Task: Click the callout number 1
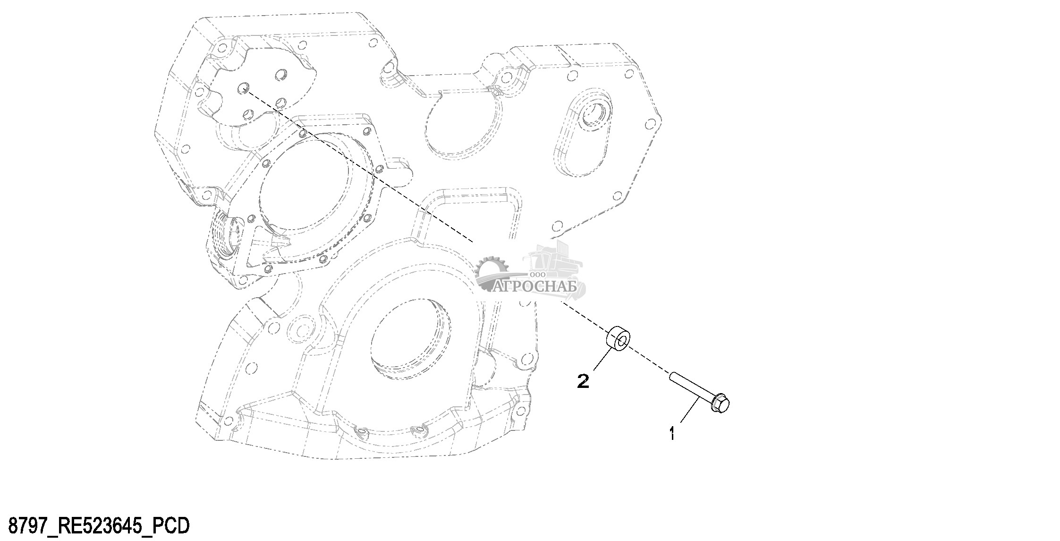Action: coord(671,433)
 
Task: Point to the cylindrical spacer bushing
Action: coord(618,339)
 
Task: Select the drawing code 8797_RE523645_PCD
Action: coord(99,525)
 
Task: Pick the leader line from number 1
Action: coord(689,410)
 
